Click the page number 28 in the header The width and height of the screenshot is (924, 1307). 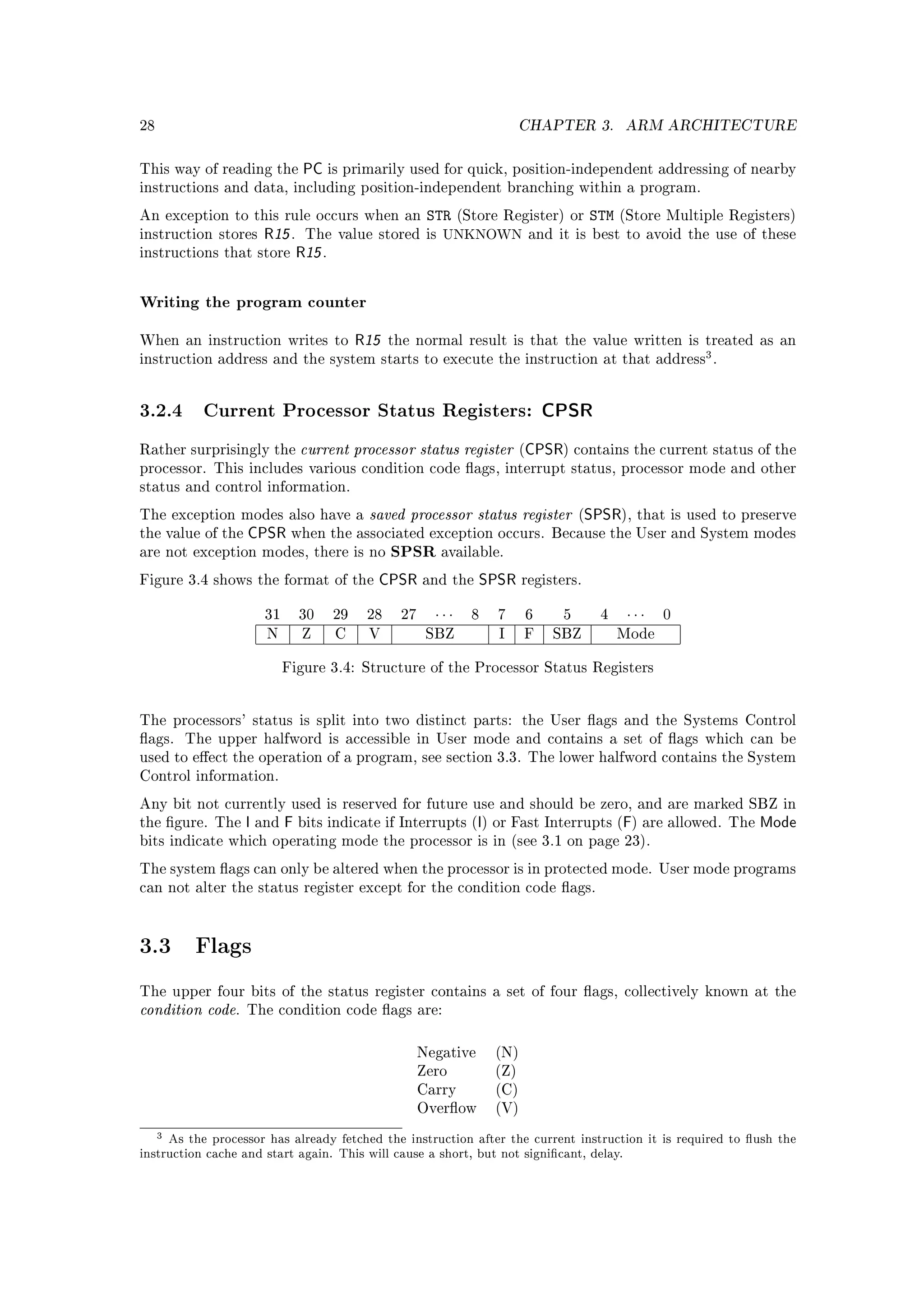pyautogui.click(x=147, y=125)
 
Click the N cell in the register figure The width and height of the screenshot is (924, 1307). pyautogui.click(x=272, y=634)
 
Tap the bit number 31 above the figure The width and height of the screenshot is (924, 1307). pyautogui.click(x=272, y=615)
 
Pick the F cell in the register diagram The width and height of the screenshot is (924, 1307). pyautogui.click(x=529, y=634)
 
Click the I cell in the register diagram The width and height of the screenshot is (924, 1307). pyautogui.click(x=501, y=634)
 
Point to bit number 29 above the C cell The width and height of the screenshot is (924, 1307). pyautogui.click(x=340, y=615)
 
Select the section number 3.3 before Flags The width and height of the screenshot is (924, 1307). pyautogui.click(x=155, y=946)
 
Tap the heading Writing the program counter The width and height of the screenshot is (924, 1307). pyautogui.click(x=253, y=302)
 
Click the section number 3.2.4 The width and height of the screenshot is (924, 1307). pyautogui.click(x=161, y=410)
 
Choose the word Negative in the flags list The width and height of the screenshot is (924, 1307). pyautogui.click(x=446, y=1052)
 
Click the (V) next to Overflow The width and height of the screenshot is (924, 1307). pyautogui.click(x=506, y=1108)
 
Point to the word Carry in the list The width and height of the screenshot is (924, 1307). pyautogui.click(x=436, y=1089)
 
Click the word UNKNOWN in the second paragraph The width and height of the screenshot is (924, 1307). pyautogui.click(x=482, y=235)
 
